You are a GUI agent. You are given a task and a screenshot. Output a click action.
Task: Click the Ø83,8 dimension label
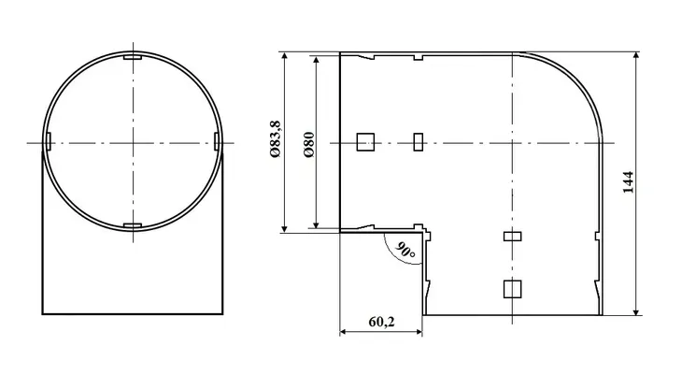[276, 138]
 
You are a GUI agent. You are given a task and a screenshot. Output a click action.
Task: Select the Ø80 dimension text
[309, 145]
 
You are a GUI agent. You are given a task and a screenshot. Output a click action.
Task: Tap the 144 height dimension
[628, 182]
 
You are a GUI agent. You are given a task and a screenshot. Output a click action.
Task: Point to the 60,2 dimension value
[381, 322]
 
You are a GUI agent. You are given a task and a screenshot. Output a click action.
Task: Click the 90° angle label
[405, 251]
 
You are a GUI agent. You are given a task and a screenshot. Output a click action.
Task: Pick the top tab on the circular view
[133, 57]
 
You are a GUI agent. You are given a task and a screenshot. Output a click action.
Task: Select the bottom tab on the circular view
[133, 225]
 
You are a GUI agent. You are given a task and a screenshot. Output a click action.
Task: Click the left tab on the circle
[49, 141]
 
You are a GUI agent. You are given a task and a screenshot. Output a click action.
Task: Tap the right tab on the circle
[217, 141]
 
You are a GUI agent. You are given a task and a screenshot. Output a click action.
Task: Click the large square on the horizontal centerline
[365, 142]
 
